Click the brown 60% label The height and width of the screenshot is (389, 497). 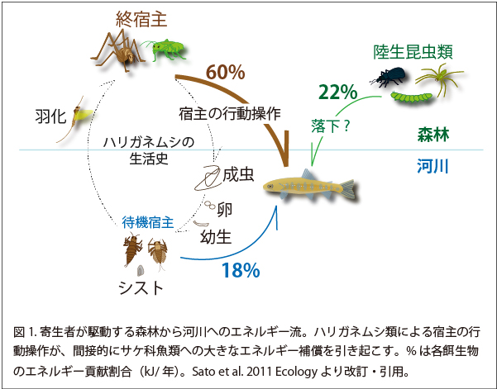pos(226,73)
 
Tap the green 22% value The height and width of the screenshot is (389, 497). pos(338,93)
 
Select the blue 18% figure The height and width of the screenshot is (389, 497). pos(241,271)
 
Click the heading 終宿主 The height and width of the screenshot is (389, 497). pos(141,19)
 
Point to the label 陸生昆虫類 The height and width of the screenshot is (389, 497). pos(413,52)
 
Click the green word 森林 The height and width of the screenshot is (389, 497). pos(433,135)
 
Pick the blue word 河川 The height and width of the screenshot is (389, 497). pos(432,166)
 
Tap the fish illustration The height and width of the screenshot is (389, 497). pos(310,187)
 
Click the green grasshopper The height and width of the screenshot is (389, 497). pos(165,50)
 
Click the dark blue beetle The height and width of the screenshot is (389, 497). pos(388,77)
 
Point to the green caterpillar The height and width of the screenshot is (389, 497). pos(412,97)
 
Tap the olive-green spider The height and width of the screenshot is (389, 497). pos(441,78)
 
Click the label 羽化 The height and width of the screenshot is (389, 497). pos(50,116)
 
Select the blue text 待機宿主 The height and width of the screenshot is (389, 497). pos(148,222)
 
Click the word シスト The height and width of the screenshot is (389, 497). pos(141,287)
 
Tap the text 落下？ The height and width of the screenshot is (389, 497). pos(331,126)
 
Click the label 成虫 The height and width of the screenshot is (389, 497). pos(238,174)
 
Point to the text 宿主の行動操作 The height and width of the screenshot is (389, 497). pos(230,114)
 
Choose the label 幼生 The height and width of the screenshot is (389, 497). pos(216,237)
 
